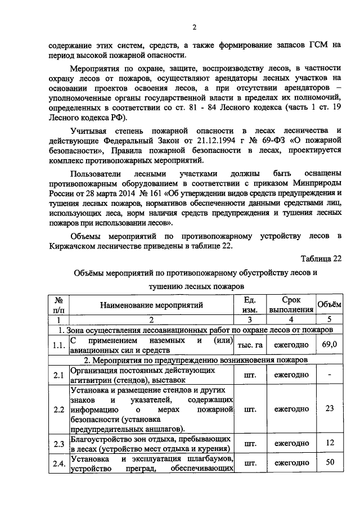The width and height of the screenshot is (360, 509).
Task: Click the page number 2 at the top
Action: pyautogui.click(x=194, y=28)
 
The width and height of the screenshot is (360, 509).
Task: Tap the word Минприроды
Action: pyautogui.click(x=313, y=183)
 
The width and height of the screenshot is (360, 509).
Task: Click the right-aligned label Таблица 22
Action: pyautogui.click(x=321, y=259)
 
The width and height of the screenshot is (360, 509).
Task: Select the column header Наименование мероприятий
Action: pyautogui.click(x=151, y=305)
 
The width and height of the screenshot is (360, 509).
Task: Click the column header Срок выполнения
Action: pyautogui.click(x=291, y=305)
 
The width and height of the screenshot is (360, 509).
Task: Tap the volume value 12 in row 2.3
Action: pyautogui.click(x=330, y=443)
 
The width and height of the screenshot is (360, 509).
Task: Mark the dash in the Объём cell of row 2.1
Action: pyautogui.click(x=330, y=374)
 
